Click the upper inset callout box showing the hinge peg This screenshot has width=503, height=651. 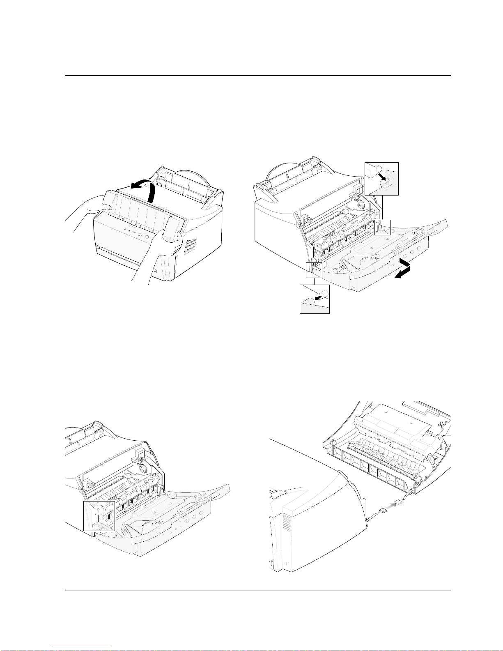(x=381, y=179)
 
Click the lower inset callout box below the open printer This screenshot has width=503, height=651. (x=315, y=299)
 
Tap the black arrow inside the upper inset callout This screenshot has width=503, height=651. (x=383, y=177)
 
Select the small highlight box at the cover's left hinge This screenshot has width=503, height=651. (x=314, y=269)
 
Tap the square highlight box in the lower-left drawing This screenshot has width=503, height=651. (x=99, y=515)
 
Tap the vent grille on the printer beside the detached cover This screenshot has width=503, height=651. (x=286, y=522)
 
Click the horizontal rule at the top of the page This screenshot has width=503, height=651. (x=258, y=76)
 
